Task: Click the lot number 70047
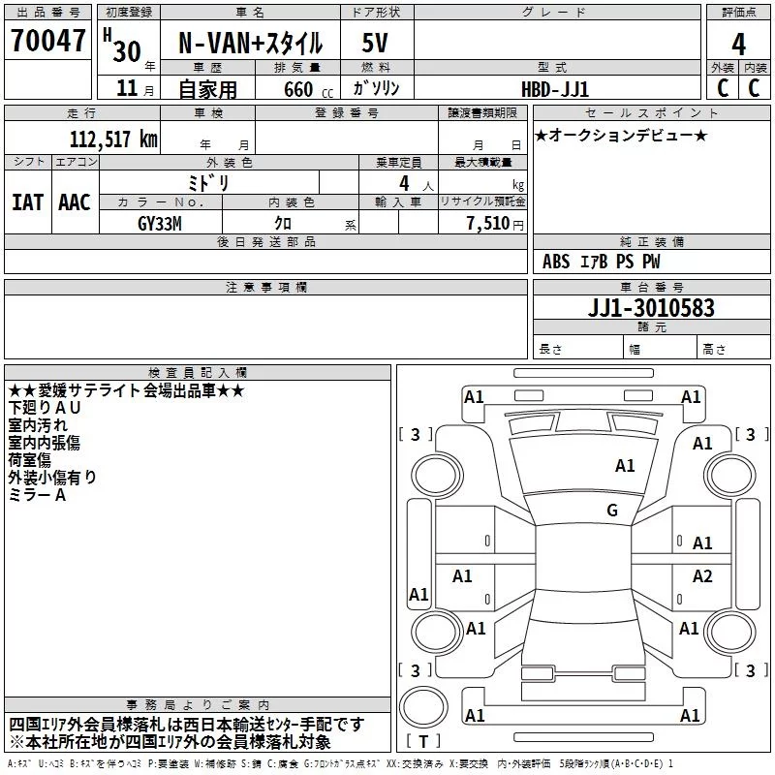tap(47, 41)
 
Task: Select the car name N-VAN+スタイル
tap(250, 43)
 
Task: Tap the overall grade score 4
tap(738, 44)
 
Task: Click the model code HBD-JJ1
tap(555, 89)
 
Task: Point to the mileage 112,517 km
tap(113, 139)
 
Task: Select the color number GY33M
tap(160, 224)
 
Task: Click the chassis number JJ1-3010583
tap(651, 308)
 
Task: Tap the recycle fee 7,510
tap(488, 224)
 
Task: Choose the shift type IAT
tap(28, 202)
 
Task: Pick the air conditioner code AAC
tap(75, 202)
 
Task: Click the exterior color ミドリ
tap(208, 183)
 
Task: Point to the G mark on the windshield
tap(612, 510)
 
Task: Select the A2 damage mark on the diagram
tap(701, 575)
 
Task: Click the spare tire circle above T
tap(423, 707)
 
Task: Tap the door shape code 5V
tap(375, 43)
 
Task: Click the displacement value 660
tap(298, 89)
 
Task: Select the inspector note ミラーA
tap(37, 495)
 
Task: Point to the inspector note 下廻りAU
tap(44, 408)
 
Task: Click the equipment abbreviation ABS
tap(556, 262)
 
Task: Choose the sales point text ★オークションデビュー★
tap(621, 136)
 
